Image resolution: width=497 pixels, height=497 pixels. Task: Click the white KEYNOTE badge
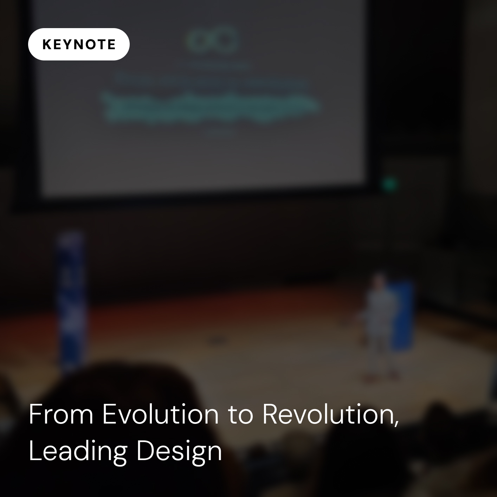click(x=79, y=44)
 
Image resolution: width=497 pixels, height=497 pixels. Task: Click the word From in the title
click(x=61, y=414)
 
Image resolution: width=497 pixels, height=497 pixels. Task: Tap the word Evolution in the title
click(x=161, y=414)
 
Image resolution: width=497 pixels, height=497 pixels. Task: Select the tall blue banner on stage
click(x=72, y=299)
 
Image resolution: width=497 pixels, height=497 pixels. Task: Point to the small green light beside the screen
click(x=389, y=183)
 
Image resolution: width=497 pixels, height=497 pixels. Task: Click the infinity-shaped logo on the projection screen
click(x=212, y=41)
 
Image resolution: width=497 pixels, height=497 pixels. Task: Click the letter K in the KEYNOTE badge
click(x=46, y=45)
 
